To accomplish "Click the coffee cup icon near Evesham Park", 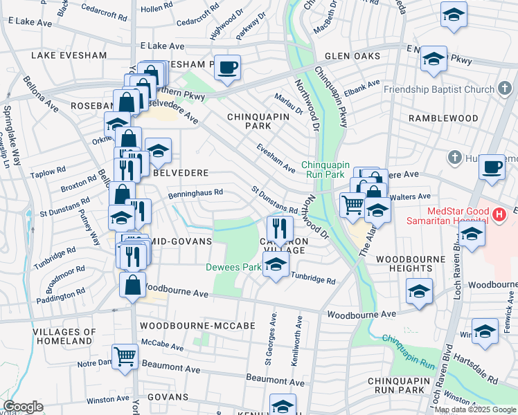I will pos(227,68).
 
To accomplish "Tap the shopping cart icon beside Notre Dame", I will pos(125,358).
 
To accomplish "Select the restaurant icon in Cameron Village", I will pos(280,228).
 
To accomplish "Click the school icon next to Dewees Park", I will pos(276,266).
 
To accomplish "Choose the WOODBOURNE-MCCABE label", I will pos(188,325).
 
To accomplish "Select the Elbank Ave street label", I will pos(364,86).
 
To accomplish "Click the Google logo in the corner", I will pos(23,407).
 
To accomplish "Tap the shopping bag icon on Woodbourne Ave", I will pos(132,285).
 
